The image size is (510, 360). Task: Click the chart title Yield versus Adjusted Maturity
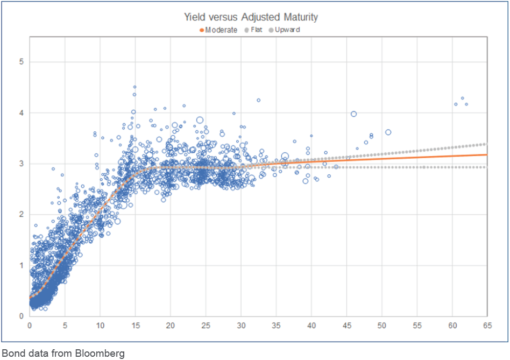251,17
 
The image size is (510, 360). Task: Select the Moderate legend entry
221,30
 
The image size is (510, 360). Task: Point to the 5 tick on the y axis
22,62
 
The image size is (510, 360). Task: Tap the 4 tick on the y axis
22,113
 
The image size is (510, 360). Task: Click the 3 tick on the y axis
22,164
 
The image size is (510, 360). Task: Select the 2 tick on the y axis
22,215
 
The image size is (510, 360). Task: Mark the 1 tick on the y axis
22,266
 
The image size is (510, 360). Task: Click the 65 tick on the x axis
487,326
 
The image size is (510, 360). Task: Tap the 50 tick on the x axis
381,326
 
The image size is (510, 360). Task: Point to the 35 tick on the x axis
276,326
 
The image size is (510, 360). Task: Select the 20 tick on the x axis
170,326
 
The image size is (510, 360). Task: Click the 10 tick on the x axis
100,326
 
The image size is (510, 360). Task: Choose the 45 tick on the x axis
346,326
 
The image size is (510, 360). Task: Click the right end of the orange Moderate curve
486,154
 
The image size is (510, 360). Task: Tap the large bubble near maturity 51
388,132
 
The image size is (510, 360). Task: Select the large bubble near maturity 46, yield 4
353,114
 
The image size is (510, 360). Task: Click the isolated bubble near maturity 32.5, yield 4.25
258,100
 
